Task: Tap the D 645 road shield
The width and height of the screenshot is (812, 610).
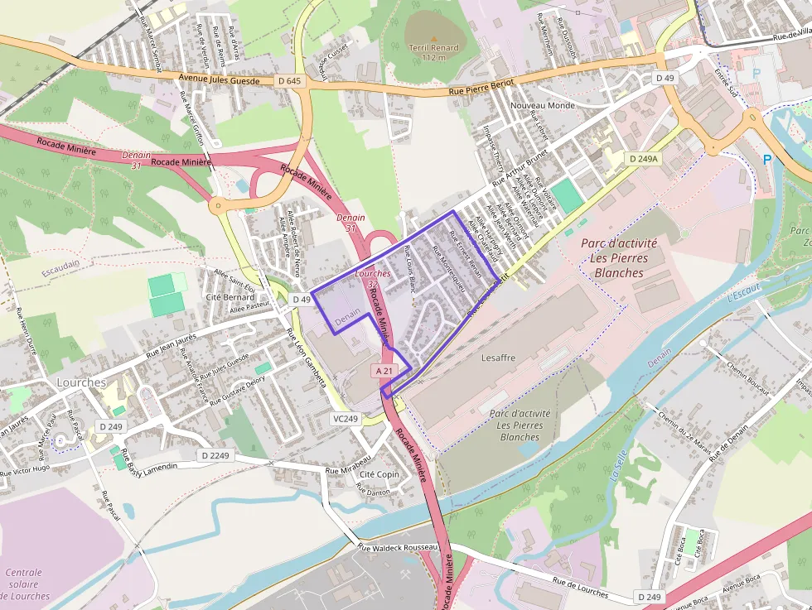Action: coord(289,80)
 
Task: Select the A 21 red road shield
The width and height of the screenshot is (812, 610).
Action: coord(384,372)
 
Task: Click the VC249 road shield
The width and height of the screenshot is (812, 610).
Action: coord(346,419)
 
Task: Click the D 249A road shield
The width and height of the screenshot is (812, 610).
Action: coord(643,158)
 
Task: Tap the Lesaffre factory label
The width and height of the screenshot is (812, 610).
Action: coord(498,358)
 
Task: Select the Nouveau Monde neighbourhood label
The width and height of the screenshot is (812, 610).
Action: coord(543,106)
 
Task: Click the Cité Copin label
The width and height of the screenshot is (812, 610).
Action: coord(379,473)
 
